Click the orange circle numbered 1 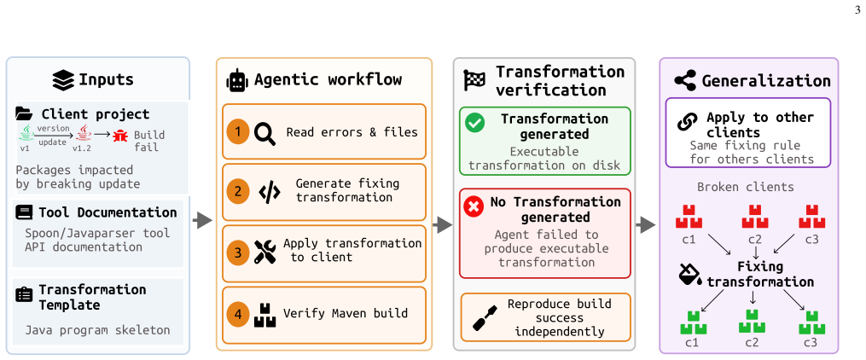click(x=238, y=131)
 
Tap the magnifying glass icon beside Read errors click(x=264, y=134)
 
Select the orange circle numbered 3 click(x=238, y=253)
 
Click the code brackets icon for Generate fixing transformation click(x=269, y=192)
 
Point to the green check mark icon click(x=475, y=123)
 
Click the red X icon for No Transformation click(x=473, y=206)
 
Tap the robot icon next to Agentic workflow click(x=237, y=80)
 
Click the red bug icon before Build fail click(x=119, y=136)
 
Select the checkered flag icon click(x=474, y=80)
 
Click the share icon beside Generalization click(x=685, y=80)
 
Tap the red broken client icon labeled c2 click(x=754, y=217)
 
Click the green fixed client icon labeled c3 click(x=812, y=323)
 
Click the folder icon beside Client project click(x=24, y=114)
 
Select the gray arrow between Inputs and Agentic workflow click(x=203, y=221)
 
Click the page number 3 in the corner click(x=857, y=9)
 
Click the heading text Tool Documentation click(x=108, y=212)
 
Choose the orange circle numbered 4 click(x=238, y=314)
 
